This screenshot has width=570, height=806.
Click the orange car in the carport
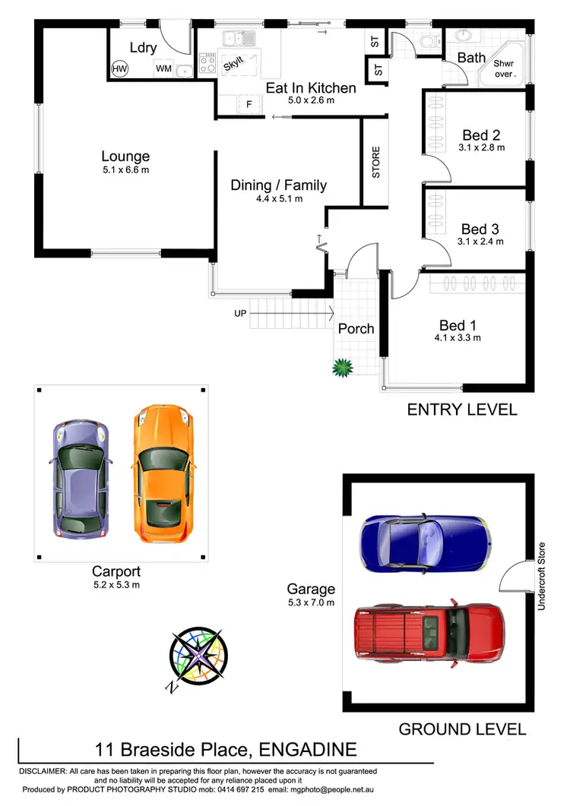[166, 475]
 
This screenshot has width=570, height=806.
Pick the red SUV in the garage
[429, 631]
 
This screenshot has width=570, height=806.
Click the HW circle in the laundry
[119, 69]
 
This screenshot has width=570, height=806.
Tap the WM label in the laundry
[163, 69]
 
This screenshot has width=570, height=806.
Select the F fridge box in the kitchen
[247, 104]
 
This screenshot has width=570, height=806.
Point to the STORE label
[375, 162]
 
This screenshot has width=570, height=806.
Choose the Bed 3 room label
[480, 229]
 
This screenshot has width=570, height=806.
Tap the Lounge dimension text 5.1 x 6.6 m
[125, 170]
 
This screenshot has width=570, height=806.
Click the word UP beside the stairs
[241, 312]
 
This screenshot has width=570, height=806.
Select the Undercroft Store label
[542, 577]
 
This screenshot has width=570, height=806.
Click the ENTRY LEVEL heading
[462, 410]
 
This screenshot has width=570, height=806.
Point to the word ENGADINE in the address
[308, 751]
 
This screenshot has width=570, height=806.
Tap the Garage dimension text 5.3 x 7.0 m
[310, 602]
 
